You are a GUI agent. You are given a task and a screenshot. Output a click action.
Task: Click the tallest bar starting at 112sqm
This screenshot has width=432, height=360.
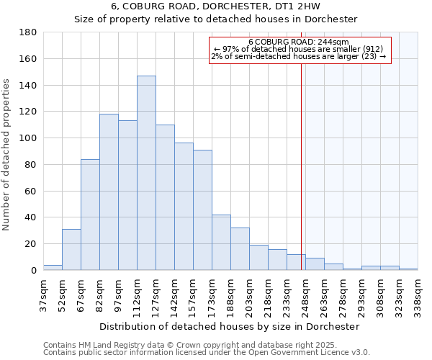[146, 173]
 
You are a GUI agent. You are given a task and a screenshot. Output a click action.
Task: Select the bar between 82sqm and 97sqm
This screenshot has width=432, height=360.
[109, 192]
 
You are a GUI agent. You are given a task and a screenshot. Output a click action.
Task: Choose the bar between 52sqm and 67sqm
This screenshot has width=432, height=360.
[71, 249]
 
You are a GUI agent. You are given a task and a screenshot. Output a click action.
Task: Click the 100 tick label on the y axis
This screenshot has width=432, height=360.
[29, 138]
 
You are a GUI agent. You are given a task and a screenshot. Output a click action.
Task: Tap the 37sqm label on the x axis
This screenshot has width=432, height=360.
[43, 295]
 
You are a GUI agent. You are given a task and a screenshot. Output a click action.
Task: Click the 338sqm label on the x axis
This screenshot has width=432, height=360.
[418, 295]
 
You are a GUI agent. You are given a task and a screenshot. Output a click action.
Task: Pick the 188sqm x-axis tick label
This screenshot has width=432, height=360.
[230, 295]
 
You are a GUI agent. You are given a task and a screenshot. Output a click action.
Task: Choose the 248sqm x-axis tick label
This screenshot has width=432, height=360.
[305, 295]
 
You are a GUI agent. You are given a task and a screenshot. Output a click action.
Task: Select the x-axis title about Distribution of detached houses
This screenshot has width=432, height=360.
[230, 326]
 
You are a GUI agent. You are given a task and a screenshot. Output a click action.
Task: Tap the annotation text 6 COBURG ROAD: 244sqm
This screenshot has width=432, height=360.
[298, 42]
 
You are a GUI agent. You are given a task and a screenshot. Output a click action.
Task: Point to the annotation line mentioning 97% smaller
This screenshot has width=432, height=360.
[298, 49]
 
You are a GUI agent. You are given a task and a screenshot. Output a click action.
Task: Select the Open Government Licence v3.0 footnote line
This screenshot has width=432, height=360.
[206, 352]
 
